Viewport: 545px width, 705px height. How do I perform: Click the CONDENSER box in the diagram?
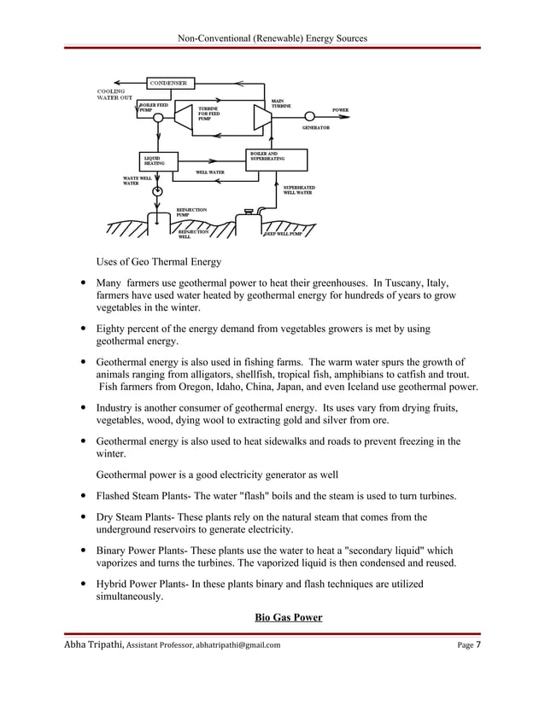[x=170, y=83]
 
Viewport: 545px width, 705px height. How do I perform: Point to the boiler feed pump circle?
[x=157, y=120]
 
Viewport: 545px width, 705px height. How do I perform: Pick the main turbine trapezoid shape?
[x=261, y=118]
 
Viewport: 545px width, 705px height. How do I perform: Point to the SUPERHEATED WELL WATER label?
[x=298, y=189]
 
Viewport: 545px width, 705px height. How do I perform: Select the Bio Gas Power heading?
[x=288, y=617]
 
